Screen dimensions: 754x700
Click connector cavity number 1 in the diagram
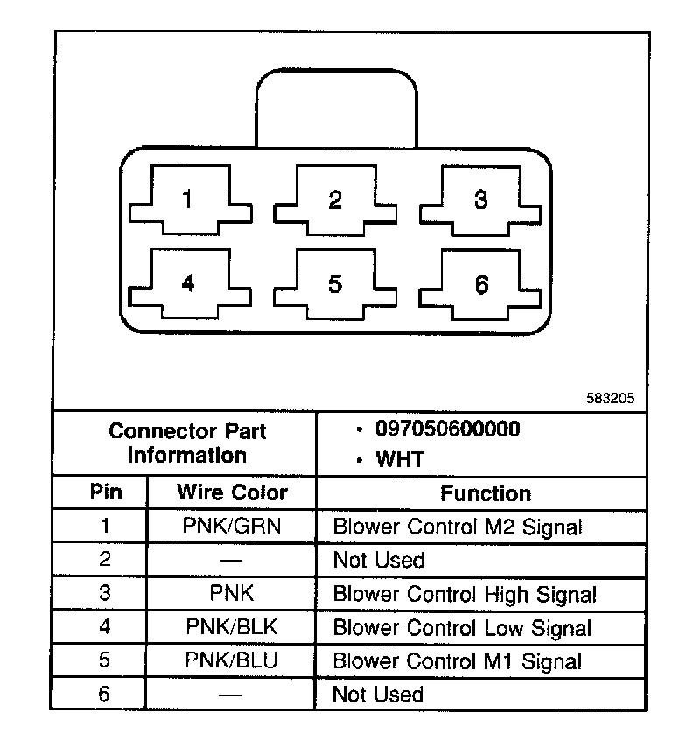click(186, 200)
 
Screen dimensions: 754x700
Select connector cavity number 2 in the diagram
click(334, 200)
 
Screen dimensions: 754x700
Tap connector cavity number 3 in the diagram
click(480, 200)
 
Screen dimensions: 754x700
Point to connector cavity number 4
click(186, 284)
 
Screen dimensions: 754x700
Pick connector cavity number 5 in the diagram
click(334, 284)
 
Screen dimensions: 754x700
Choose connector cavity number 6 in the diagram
click(480, 284)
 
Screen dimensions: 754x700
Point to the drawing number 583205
click(610, 396)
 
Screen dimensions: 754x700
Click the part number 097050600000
click(447, 429)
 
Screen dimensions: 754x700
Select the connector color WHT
click(400, 459)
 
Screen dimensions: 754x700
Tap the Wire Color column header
click(232, 492)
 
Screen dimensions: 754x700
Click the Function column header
click(486, 493)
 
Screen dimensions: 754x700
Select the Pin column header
click(102, 492)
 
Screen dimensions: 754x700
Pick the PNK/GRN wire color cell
click(232, 527)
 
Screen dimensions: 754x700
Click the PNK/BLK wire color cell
click(232, 627)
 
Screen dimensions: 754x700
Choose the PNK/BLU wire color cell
click(232, 660)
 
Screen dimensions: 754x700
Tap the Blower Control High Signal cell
click(465, 595)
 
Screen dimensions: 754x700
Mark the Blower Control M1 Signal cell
click(457, 661)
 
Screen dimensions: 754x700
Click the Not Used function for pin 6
click(378, 695)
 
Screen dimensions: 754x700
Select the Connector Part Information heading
click(187, 443)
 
